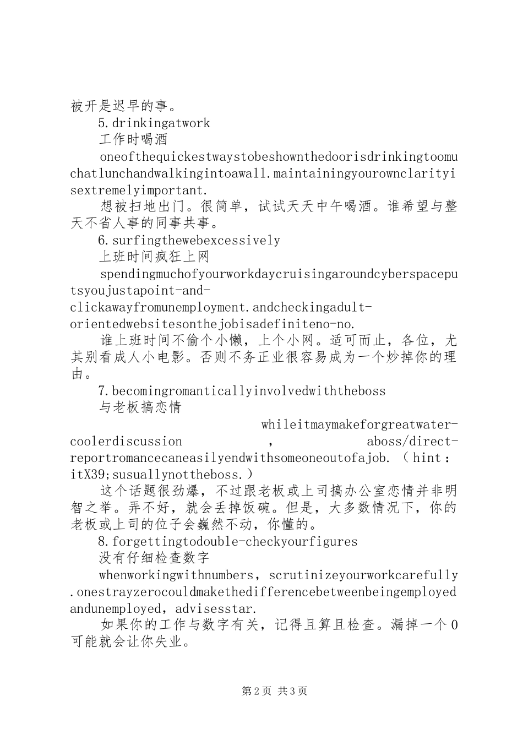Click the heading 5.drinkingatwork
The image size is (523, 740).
[154, 123]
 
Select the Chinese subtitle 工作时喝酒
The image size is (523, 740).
[133, 140]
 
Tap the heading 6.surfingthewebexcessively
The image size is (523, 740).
[189, 241]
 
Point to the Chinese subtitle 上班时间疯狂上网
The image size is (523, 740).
[154, 257]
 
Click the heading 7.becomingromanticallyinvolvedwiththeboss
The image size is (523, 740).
[242, 391]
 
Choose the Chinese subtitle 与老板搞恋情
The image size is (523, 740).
[140, 408]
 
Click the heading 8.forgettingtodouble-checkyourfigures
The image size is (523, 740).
[228, 542]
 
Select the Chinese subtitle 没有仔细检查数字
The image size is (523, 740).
[154, 558]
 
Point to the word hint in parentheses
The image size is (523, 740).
[427, 458]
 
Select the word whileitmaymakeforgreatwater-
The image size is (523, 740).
[359, 425]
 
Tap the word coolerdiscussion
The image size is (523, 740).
[126, 442]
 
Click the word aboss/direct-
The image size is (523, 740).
[412, 442]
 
